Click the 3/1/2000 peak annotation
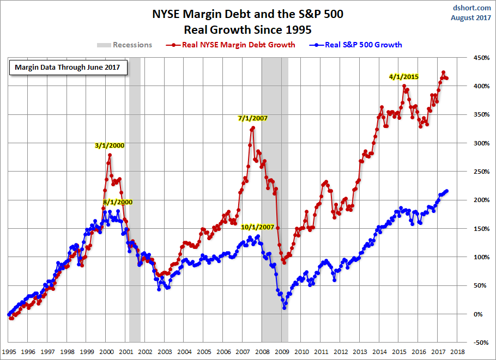point(110,145)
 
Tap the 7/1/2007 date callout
point(252,118)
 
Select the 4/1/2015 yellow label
point(404,77)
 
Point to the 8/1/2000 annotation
point(117,202)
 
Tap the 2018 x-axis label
point(458,352)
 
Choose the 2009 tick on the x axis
point(282,352)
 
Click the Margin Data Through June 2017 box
point(68,68)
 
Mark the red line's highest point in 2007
point(253,128)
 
